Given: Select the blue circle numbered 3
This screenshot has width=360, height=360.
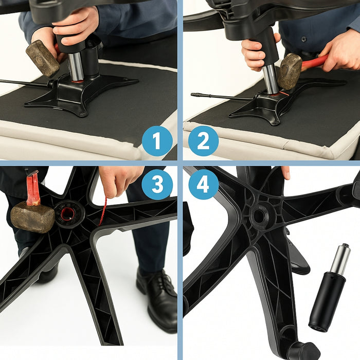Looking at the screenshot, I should [157, 185].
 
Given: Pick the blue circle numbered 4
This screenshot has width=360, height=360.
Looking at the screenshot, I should [203, 185].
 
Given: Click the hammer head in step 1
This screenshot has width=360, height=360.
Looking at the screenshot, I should [42, 58].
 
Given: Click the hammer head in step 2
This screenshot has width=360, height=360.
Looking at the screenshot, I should [290, 70].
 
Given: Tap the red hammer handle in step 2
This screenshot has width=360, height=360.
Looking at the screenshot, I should [314, 63].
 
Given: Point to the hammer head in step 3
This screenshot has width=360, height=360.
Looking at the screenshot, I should [32, 217].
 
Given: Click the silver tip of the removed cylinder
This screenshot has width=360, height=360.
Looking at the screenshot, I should [340, 260].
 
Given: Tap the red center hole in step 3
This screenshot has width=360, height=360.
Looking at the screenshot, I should [68, 212].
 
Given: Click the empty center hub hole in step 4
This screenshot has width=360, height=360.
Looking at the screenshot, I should [261, 215].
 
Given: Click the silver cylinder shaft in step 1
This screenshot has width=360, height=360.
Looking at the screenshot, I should [76, 66].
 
